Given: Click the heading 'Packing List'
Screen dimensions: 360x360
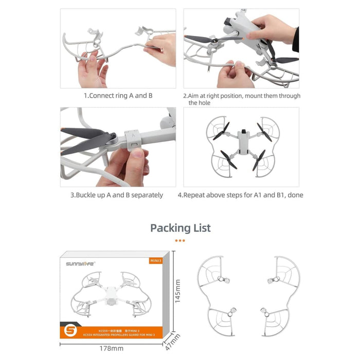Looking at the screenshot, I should point(180,228).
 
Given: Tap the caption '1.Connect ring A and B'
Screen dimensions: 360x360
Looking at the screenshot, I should point(118,96).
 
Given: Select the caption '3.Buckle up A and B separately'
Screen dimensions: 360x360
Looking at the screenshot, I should point(117,195).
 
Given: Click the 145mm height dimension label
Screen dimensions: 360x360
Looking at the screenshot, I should point(178,292).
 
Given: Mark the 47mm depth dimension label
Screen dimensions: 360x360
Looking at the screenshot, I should point(176,340).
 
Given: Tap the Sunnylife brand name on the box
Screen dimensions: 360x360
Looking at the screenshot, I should point(79,264).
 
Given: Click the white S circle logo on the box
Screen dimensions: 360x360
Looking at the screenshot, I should point(72,328).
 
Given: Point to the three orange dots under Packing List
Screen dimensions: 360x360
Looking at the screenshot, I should point(180,240).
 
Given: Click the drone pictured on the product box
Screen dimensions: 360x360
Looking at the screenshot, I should point(114,295).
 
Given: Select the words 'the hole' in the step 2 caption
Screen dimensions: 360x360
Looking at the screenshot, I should point(200,103).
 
